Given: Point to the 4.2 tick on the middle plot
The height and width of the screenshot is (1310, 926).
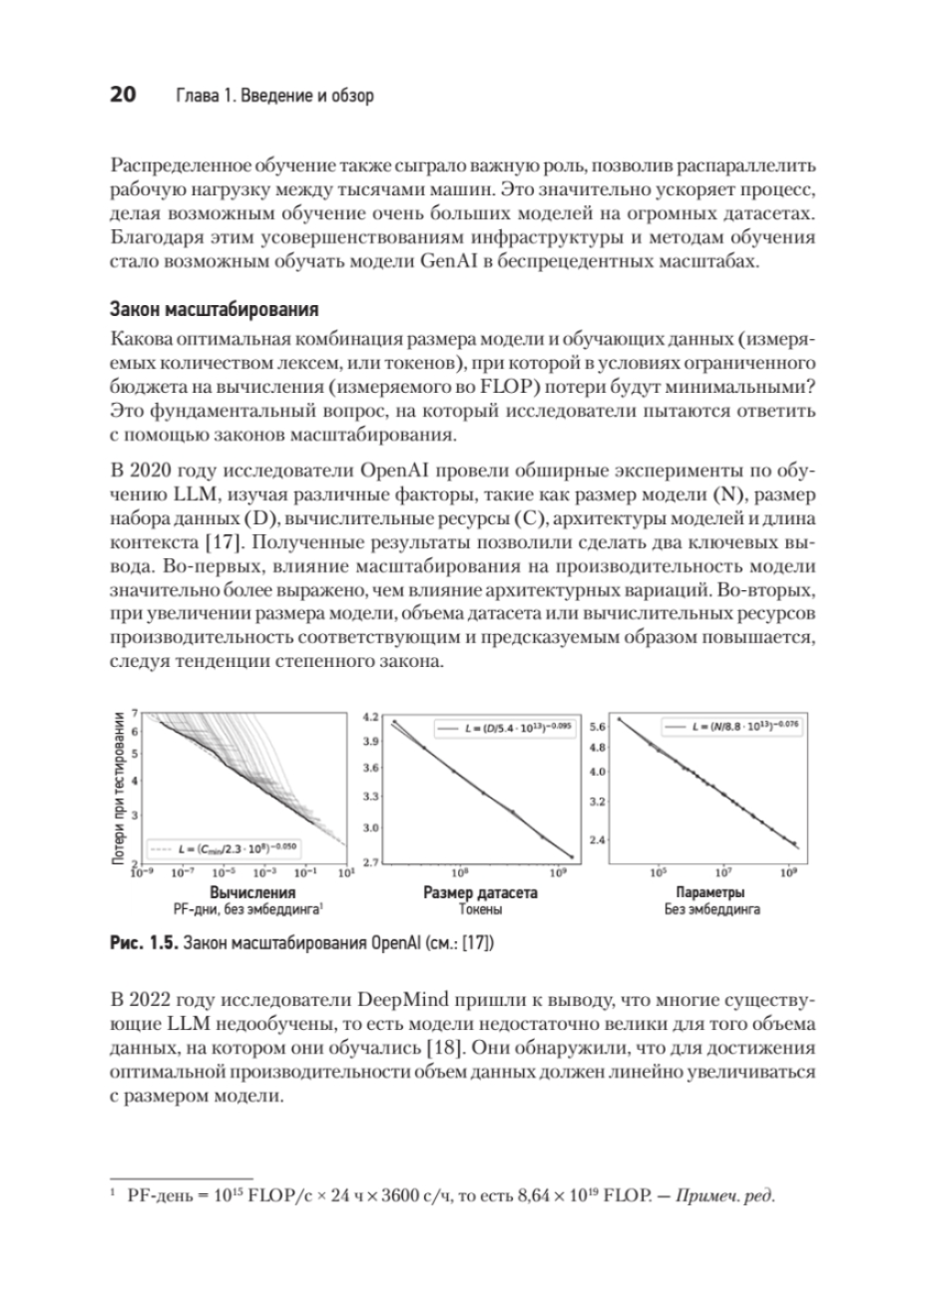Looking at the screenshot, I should (x=372, y=718).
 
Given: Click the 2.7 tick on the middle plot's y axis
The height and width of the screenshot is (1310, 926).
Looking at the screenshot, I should (x=372, y=862).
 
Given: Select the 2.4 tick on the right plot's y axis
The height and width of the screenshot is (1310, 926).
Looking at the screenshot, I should (x=600, y=840).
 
